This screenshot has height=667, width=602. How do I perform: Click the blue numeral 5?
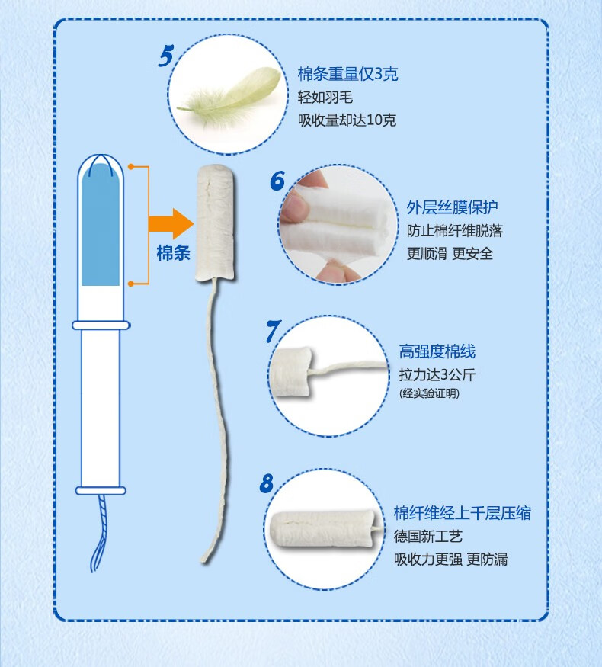(166, 56)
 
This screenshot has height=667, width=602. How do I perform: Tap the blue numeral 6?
(277, 180)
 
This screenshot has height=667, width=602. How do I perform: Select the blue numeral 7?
(273, 331)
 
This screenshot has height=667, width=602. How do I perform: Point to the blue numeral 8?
(267, 483)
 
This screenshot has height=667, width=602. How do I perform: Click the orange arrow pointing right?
(171, 224)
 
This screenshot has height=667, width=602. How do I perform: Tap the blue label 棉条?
(174, 252)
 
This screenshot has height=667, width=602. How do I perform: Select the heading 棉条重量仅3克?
(347, 74)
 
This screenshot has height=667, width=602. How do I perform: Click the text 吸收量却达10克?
(347, 120)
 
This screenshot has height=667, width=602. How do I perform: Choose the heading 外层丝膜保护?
(452, 207)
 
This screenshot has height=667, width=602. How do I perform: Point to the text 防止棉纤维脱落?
(454, 230)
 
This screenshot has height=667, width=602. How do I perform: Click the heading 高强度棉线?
(437, 351)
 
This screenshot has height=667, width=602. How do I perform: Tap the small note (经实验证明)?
(429, 393)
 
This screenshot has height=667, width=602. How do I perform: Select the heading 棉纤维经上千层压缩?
(462, 513)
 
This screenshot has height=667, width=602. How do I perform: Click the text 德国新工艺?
(427, 536)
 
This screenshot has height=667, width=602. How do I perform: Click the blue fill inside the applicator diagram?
(101, 225)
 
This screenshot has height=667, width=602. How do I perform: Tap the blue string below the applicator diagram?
(99, 533)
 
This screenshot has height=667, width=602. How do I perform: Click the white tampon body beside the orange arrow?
(215, 223)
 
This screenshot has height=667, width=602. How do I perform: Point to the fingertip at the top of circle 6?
(315, 178)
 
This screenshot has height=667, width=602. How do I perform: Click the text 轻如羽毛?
(325, 97)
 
